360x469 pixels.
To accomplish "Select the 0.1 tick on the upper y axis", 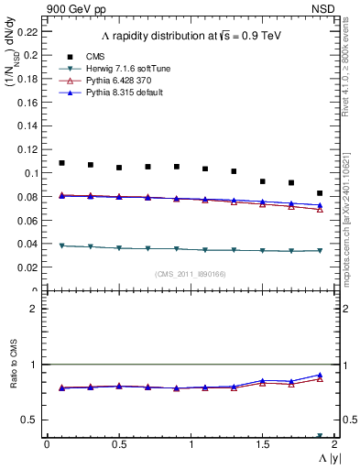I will pyautogui.click(x=32, y=173).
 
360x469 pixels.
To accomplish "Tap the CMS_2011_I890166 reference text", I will pyautogui.click(x=190, y=274).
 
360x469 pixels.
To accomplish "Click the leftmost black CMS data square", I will pyautogui.click(x=61, y=163).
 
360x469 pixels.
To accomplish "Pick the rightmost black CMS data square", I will pyautogui.click(x=320, y=193).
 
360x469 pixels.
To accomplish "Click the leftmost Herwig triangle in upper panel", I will pyautogui.click(x=61, y=245).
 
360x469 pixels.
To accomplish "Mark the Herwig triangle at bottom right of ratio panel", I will pyautogui.click(x=320, y=436).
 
